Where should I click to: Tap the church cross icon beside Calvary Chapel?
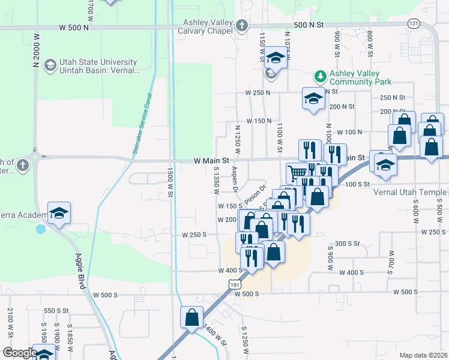pos(241,26)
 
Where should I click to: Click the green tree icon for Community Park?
pos(321,76)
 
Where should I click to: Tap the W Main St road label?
pos(212,161)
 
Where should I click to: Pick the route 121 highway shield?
pos(414,23)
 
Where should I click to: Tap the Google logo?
pos(20,353)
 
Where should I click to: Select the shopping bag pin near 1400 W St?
pos(191,318)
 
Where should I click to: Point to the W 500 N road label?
pos(74,28)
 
